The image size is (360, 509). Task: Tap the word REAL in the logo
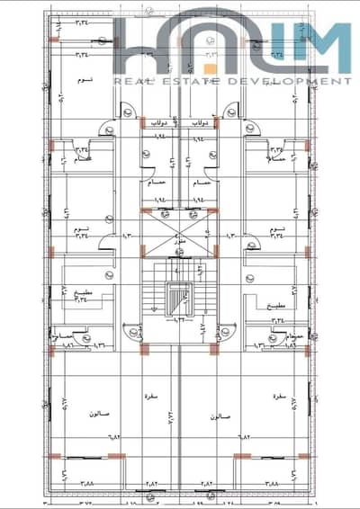tap(125, 81)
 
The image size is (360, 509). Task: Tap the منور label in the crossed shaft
tap(180, 243)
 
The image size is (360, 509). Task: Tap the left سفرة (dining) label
tap(149, 395)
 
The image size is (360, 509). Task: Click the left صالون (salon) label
tap(99, 415)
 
